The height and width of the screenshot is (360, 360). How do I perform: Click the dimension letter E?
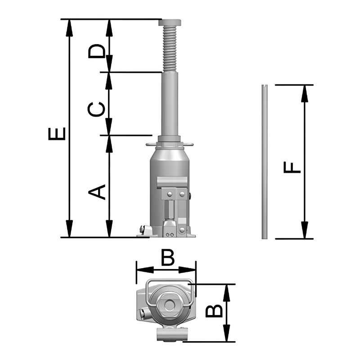tap(57, 134)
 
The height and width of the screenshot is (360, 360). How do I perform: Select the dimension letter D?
tap(97, 51)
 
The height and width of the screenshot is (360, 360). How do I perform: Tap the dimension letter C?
tap(96, 109)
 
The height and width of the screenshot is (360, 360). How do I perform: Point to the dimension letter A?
tap(97, 192)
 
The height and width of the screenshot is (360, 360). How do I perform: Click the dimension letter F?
tap(292, 167)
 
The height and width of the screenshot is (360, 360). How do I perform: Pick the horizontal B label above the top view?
tap(167, 257)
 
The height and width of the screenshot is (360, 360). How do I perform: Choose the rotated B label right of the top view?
tap(214, 310)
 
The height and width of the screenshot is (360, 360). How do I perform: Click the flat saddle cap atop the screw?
tap(170, 22)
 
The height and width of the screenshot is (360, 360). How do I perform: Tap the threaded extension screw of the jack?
tap(170, 49)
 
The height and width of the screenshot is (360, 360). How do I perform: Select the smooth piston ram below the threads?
tap(170, 104)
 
